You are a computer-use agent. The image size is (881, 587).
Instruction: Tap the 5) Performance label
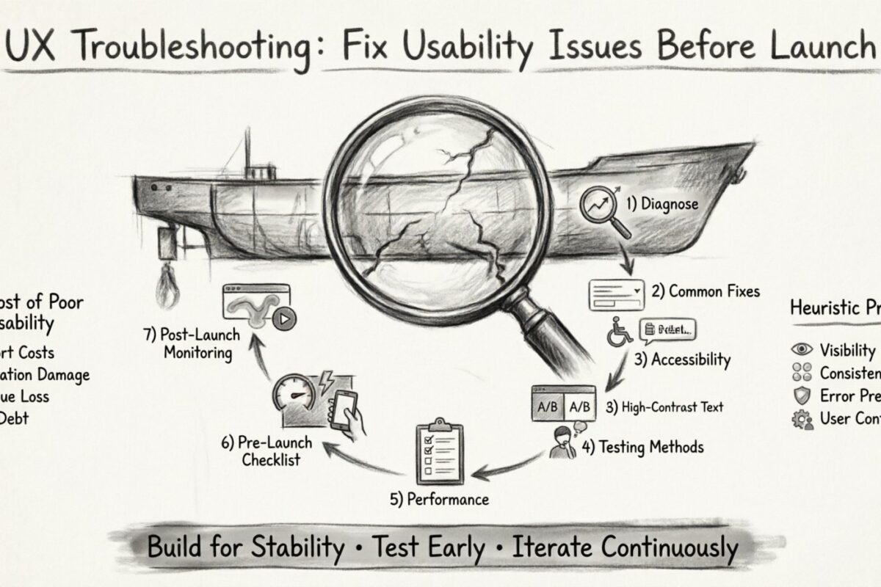click(439, 500)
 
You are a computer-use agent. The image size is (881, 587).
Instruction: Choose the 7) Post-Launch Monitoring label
click(192, 343)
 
